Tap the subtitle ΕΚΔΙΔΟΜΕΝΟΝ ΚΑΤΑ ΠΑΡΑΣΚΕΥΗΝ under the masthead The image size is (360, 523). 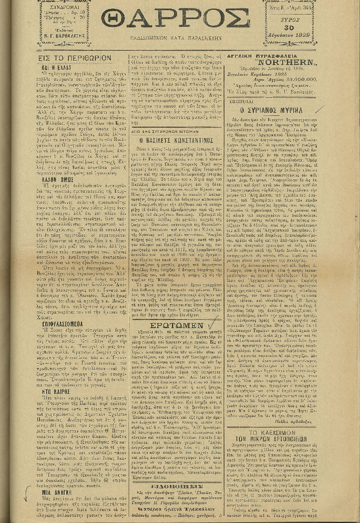[x=176, y=38]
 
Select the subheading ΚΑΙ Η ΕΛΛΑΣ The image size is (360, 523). [x=56, y=68]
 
